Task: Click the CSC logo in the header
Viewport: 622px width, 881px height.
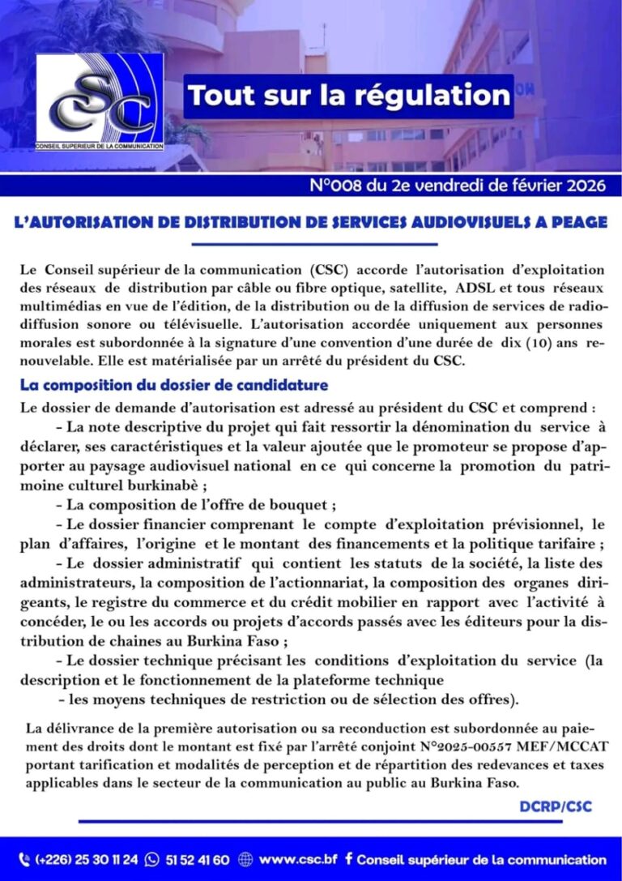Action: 100,102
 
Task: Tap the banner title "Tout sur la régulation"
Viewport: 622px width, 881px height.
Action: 348,96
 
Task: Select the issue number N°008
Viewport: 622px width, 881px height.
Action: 339,186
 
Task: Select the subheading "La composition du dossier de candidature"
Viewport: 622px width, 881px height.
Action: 174,385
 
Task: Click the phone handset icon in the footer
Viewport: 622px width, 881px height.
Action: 23,860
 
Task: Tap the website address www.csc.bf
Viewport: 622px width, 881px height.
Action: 298,859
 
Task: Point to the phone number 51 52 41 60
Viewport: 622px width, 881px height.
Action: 198,860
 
